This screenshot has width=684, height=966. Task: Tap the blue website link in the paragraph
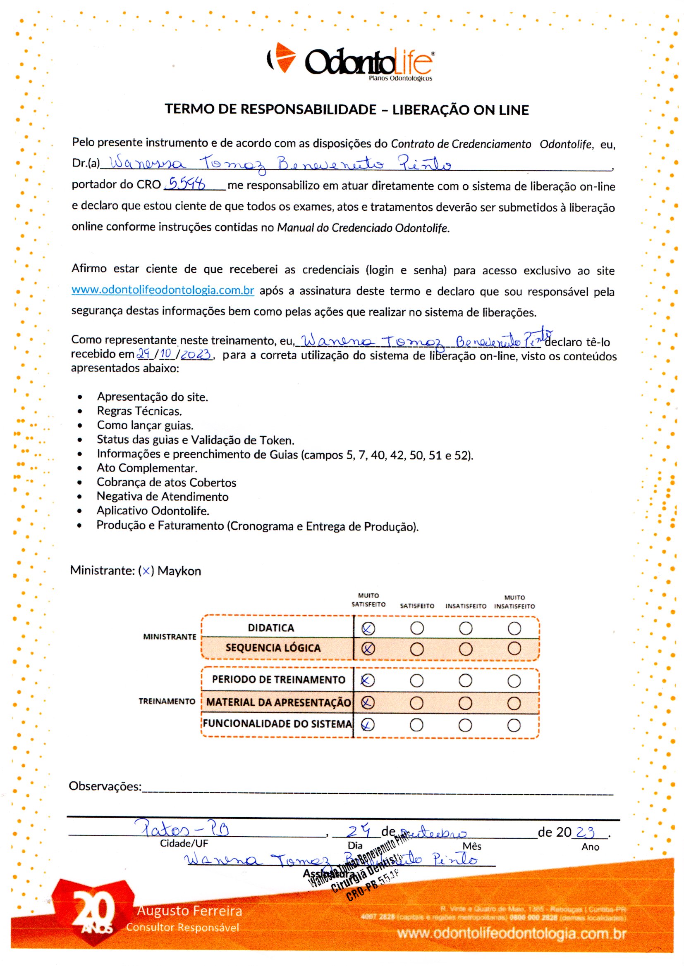(163, 290)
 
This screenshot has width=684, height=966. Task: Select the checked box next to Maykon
(146, 571)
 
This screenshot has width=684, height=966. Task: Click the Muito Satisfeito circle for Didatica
(368, 628)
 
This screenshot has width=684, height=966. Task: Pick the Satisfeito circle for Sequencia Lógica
(416, 649)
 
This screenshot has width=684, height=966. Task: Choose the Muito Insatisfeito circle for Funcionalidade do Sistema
(514, 726)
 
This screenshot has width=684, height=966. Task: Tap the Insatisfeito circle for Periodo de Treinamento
(465, 681)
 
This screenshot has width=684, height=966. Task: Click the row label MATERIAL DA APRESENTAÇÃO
(278, 702)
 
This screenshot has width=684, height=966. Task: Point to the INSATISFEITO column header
(466, 606)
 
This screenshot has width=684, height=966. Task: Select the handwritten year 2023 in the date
(196, 354)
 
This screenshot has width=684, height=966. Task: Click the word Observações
(105, 786)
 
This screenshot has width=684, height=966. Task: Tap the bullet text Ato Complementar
(147, 468)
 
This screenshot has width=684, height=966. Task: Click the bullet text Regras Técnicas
(139, 411)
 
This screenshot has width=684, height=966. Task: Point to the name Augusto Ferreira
(189, 911)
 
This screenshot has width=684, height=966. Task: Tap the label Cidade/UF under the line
(184, 843)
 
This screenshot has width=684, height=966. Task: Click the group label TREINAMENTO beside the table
(167, 701)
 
